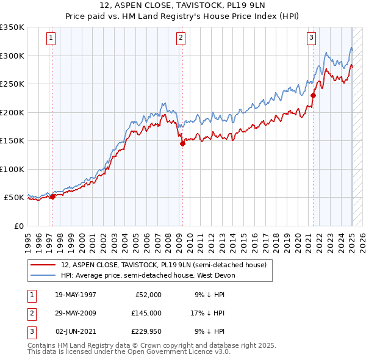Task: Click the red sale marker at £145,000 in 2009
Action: pyautogui.click(x=182, y=144)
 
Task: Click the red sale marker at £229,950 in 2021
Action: pyautogui.click(x=313, y=95)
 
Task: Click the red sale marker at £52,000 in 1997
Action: pyautogui.click(x=52, y=196)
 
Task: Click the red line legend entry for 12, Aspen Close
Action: pyautogui.click(x=163, y=265)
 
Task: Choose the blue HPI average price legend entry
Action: pyautogui.click(x=147, y=275)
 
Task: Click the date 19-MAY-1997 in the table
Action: pyautogui.click(x=75, y=295)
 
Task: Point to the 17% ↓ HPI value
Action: pyautogui.click(x=208, y=313)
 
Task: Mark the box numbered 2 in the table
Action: pyautogui.click(x=31, y=313)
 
